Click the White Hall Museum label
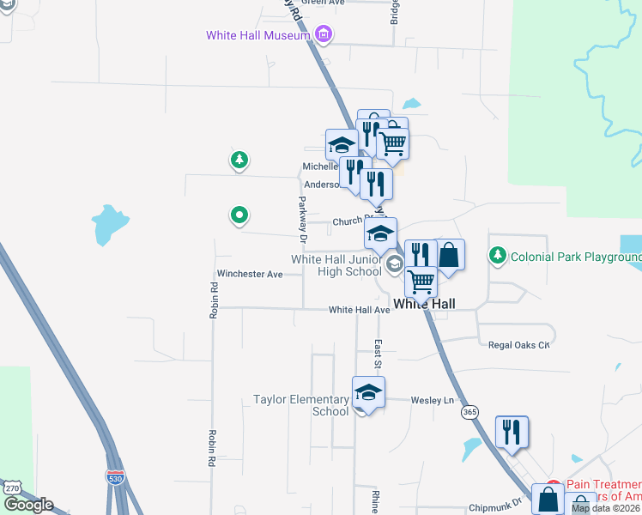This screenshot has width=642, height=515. point(257,35)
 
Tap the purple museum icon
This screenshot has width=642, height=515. point(323,35)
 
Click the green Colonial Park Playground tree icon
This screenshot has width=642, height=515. point(497,256)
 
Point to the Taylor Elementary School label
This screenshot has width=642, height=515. point(300,405)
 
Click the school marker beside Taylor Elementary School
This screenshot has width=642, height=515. point(368,393)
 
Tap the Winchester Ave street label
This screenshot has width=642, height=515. point(250,275)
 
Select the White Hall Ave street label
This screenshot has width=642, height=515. point(359,310)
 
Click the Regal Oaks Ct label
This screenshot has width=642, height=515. point(518,345)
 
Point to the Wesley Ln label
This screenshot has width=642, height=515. point(432,401)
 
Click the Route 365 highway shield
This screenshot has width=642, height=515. point(469,413)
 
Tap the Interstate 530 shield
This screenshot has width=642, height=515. point(114,476)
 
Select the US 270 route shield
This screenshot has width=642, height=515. point(12,488)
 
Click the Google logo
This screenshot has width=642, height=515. point(27,505)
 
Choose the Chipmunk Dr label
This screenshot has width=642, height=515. point(495,509)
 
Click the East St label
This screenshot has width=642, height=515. point(377,349)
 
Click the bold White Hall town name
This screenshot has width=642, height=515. point(423,304)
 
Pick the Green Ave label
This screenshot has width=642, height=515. point(323,3)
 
